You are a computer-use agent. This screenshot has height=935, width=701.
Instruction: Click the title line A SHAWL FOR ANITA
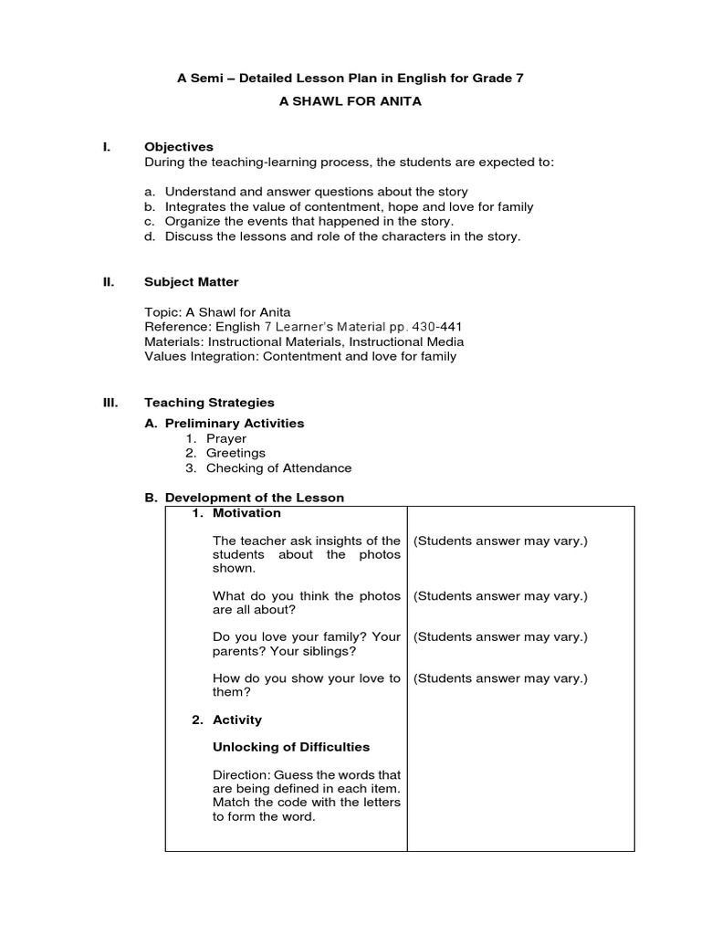(350, 101)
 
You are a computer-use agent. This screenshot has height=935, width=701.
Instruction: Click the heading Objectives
(179, 146)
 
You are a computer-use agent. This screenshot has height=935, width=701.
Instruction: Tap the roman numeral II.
(107, 282)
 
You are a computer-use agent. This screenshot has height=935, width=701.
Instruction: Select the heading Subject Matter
(192, 282)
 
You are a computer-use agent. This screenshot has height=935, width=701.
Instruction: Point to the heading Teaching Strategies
(209, 402)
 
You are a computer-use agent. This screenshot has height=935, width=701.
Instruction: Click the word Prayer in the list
(225, 438)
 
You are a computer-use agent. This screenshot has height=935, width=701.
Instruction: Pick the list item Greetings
(235, 453)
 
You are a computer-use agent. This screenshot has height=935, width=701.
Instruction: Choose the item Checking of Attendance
(278, 467)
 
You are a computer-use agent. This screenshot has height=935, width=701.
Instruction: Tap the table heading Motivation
(246, 513)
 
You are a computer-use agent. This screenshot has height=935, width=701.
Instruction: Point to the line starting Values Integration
(300, 356)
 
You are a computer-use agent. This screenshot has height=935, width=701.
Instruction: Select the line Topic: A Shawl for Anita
(217, 312)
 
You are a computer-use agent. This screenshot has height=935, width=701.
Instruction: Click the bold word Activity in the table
(236, 720)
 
